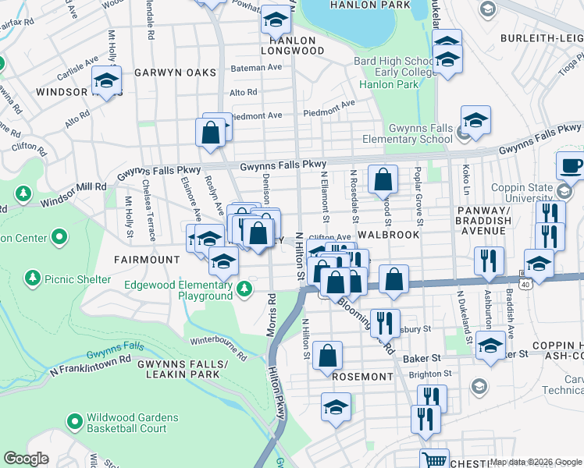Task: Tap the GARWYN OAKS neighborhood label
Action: pyautogui.click(x=175, y=73)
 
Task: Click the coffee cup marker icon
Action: pyautogui.click(x=570, y=166)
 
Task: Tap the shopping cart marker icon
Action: pyautogui.click(x=434, y=460)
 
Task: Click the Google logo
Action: pyautogui.click(x=26, y=459)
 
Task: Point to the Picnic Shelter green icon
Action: pyautogui.click(x=32, y=277)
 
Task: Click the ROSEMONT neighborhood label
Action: pyautogui.click(x=362, y=376)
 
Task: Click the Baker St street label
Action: pyautogui.click(x=426, y=357)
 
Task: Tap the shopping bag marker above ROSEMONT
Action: pyautogui.click(x=328, y=355)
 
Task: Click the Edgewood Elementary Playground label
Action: pyautogui.click(x=179, y=290)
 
